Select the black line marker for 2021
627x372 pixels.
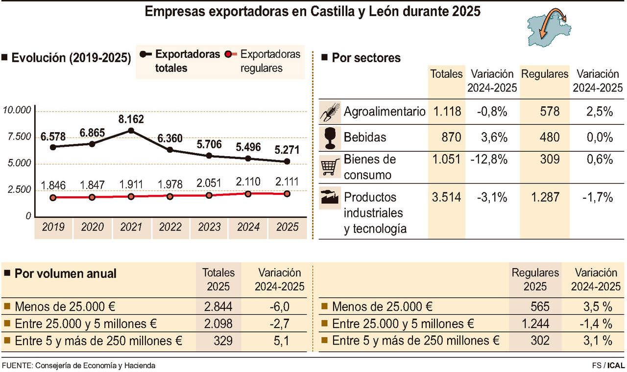131,130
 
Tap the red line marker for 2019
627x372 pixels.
53,198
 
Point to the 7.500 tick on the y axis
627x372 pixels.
17,137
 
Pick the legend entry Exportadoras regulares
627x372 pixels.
269,61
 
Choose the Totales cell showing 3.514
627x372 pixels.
446,197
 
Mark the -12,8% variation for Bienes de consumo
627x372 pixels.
492,160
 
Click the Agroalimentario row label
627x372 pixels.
385,112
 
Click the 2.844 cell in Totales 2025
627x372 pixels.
218,307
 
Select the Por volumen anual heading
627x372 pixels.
66,274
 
